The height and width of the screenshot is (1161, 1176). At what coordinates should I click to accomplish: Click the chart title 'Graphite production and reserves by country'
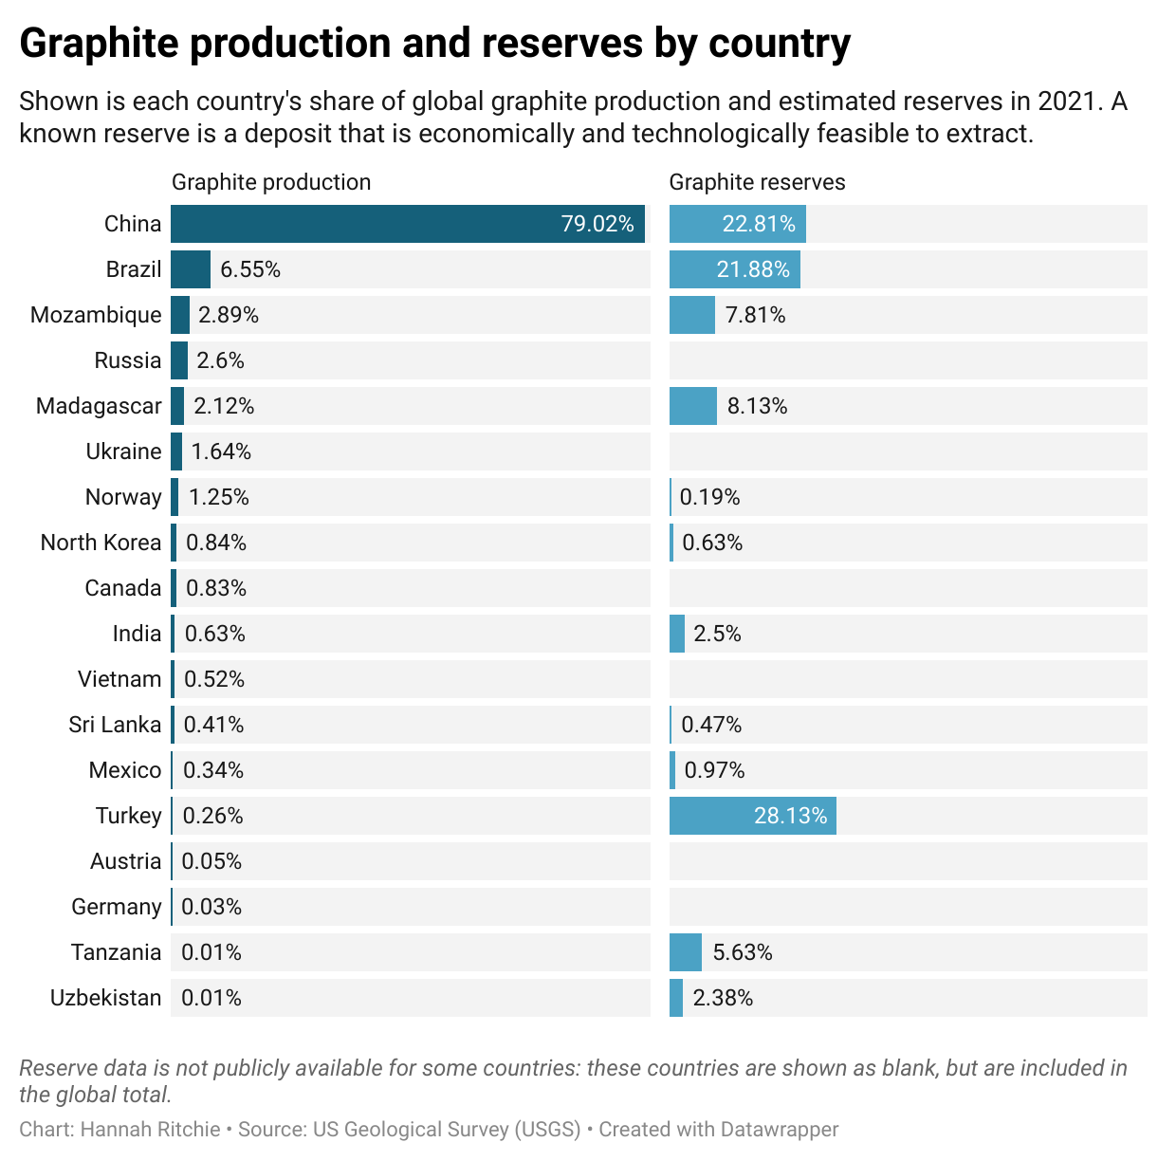click(x=434, y=44)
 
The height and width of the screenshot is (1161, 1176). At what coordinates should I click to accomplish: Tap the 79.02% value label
click(x=597, y=224)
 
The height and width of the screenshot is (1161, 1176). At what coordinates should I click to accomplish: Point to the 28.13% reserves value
click(x=790, y=816)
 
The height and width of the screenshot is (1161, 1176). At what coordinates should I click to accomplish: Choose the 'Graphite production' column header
click(x=271, y=182)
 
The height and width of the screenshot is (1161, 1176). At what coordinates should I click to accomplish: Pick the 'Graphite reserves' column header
click(x=757, y=182)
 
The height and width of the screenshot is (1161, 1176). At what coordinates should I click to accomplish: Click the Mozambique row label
click(x=96, y=315)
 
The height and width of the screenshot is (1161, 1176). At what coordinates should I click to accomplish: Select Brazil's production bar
click(x=191, y=269)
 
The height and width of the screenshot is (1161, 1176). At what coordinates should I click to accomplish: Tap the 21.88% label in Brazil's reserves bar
click(x=753, y=269)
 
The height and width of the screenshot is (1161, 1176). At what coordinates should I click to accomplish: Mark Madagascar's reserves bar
click(x=692, y=406)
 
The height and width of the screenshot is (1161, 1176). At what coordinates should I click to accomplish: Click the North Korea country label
click(x=101, y=543)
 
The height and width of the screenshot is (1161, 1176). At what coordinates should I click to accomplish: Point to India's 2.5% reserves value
click(x=717, y=634)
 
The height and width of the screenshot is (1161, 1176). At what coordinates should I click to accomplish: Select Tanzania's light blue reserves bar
click(x=685, y=952)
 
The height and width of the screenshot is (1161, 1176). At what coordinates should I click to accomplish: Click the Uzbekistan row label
click(x=105, y=998)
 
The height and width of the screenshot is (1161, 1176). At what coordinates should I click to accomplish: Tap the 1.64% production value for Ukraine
click(x=221, y=451)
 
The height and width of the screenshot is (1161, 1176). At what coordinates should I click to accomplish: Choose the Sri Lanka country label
click(x=115, y=725)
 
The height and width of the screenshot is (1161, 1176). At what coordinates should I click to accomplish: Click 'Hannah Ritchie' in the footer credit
click(x=150, y=1130)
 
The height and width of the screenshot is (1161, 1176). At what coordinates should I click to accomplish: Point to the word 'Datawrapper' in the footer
click(x=779, y=1130)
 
